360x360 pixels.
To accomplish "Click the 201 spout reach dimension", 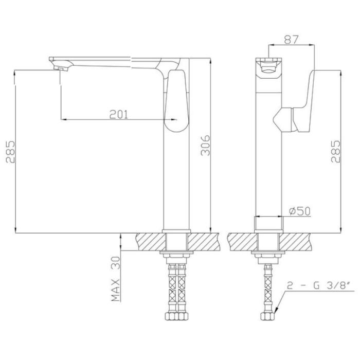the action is (118, 114).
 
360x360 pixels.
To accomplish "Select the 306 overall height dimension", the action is (206, 146).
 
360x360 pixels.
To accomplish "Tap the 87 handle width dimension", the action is (291, 39).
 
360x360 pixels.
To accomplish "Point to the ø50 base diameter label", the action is (300, 211).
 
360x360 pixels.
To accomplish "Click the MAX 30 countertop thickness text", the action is (116, 279).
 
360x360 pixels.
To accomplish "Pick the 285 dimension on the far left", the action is (10, 152).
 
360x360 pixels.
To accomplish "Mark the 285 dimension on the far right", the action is (335, 152).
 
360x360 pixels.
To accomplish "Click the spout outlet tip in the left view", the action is (61, 68).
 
